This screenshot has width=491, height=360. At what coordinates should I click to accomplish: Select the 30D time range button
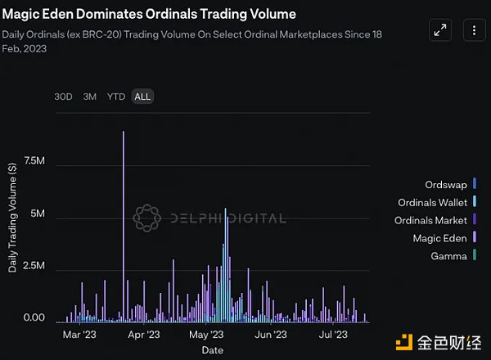63,97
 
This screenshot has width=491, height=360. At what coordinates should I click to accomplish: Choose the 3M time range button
89,97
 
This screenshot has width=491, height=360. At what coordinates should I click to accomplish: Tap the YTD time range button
116,97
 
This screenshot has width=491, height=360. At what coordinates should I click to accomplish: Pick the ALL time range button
142,97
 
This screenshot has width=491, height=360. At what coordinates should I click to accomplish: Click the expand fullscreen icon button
440,31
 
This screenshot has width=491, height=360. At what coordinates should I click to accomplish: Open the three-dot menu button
474,31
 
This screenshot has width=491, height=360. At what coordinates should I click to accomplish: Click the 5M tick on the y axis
37,215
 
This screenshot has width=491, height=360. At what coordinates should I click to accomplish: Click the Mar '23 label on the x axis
79,335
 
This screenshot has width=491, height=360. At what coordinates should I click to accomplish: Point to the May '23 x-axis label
206,335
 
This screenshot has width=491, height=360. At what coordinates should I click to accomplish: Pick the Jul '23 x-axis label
333,335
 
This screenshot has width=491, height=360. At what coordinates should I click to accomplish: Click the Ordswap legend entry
446,183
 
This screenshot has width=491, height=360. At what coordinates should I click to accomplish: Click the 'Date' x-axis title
212,350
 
